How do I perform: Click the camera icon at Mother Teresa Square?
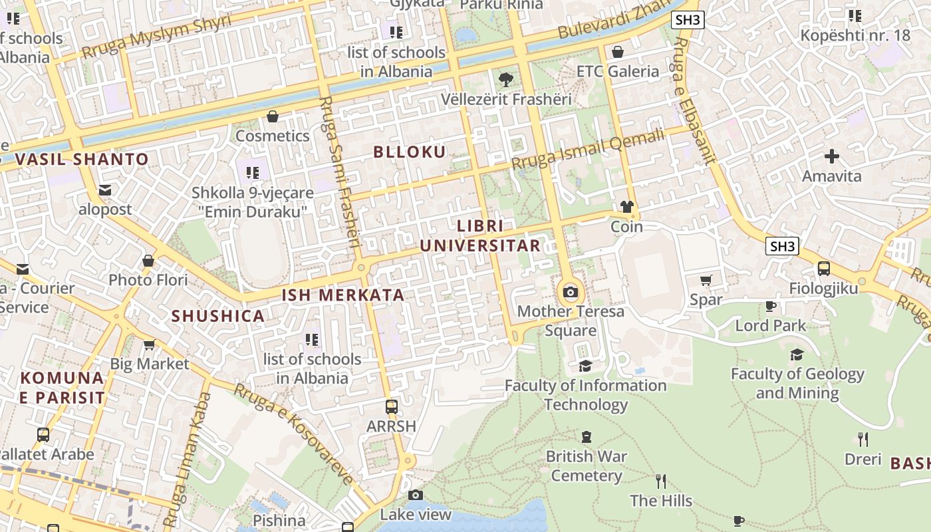click(571, 293)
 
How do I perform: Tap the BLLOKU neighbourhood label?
click(410, 152)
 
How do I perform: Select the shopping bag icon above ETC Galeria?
click(618, 52)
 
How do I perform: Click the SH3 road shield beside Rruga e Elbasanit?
click(782, 247)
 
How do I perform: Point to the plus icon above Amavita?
click(831, 157)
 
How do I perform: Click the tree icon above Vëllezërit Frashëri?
click(506, 80)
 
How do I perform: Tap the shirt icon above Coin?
click(626, 207)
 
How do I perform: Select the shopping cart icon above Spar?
click(706, 281)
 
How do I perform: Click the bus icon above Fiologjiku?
click(823, 269)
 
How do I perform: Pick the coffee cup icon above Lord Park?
click(770, 307)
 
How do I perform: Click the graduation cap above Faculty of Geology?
click(797, 354)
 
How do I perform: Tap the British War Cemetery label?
click(585, 466)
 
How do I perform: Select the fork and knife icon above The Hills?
click(660, 481)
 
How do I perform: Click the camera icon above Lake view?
click(416, 495)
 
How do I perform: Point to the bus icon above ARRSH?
click(392, 406)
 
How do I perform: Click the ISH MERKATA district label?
click(343, 295)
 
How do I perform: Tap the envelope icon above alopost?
click(105, 190)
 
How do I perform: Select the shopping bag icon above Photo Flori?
click(148, 261)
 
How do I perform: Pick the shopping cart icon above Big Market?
click(149, 344)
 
